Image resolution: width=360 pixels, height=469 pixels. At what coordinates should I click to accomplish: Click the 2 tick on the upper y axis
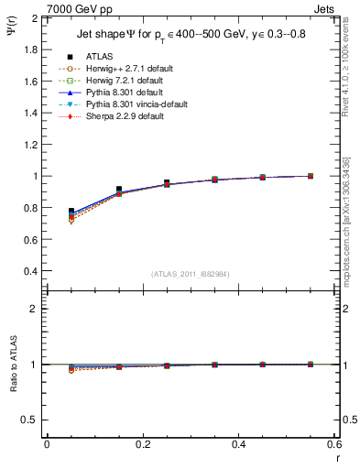pyautogui.click(x=36, y=18)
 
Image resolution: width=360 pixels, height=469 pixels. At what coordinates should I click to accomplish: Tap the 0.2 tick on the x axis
pyautogui.click(x=142, y=444)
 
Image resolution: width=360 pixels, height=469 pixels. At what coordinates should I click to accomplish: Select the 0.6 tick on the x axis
pyautogui.click(x=334, y=444)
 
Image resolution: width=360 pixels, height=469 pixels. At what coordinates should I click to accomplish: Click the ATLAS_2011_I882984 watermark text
pyautogui.click(x=189, y=274)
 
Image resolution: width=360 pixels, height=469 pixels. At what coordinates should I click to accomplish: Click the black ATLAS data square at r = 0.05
pyautogui.click(x=71, y=212)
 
